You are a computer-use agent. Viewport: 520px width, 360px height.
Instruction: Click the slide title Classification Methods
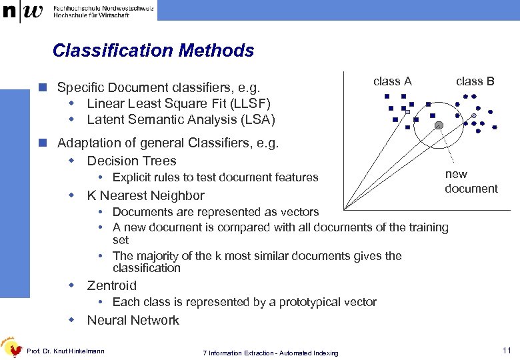click(153, 51)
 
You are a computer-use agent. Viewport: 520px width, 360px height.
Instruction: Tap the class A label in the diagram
click(393, 81)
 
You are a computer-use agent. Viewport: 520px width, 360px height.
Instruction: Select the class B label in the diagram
click(475, 81)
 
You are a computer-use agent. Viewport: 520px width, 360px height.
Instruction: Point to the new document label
click(471, 181)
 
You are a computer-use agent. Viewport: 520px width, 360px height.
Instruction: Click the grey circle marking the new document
click(438, 125)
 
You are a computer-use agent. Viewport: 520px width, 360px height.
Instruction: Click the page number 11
click(507, 350)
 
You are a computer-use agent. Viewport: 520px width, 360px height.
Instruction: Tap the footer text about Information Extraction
click(270, 353)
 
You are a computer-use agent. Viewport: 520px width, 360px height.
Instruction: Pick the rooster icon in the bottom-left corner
click(11, 347)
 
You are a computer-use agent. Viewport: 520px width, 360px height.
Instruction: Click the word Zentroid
click(111, 285)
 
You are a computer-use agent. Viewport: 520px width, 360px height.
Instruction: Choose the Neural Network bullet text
click(133, 320)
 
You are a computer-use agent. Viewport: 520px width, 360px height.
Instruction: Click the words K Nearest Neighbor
click(145, 195)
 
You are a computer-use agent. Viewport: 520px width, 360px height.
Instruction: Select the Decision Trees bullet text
click(131, 161)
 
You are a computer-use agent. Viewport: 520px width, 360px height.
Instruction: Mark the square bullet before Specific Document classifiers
click(42, 87)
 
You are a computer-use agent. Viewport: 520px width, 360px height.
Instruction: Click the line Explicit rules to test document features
click(215, 177)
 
